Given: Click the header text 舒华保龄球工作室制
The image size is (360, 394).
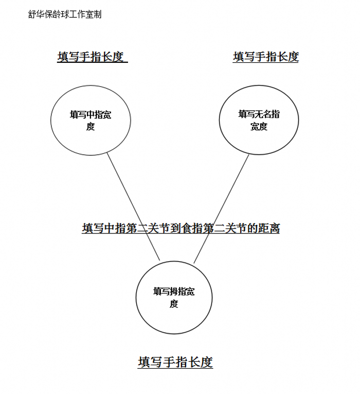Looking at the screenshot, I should [x=65, y=14].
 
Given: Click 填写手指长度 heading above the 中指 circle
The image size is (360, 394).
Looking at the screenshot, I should [x=91, y=57].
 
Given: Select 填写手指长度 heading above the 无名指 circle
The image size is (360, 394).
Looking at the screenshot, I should [x=266, y=57].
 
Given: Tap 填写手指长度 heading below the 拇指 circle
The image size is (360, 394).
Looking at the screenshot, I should [x=175, y=363].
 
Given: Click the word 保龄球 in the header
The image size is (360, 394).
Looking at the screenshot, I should [x=61, y=14].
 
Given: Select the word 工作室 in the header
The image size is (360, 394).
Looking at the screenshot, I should [x=85, y=14].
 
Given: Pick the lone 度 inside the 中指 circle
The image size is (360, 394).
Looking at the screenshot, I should [x=91, y=127].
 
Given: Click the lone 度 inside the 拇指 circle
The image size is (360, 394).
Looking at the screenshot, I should [x=174, y=304].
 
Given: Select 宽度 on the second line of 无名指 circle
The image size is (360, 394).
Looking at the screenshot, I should [x=259, y=127].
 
